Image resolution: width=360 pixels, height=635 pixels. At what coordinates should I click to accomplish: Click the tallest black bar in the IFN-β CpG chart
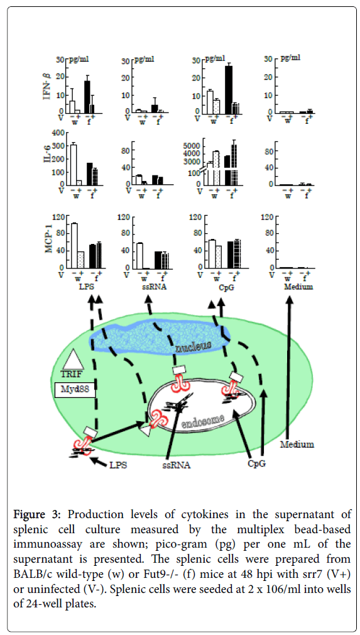coord(229,89)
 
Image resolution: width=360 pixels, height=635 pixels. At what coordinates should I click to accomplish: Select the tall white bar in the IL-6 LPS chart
coord(74,165)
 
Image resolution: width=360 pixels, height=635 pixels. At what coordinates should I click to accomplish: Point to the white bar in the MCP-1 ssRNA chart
coord(139,255)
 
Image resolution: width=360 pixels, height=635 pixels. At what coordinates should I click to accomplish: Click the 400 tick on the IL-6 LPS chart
coord(58,133)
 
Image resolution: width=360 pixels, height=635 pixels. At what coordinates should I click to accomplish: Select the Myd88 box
coord(75,390)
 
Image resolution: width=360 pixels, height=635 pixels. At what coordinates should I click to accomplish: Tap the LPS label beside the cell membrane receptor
coord(117,465)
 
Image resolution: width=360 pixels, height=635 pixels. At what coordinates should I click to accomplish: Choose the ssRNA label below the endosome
coord(176,466)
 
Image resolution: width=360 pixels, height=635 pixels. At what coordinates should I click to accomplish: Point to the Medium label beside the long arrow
coord(298,444)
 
